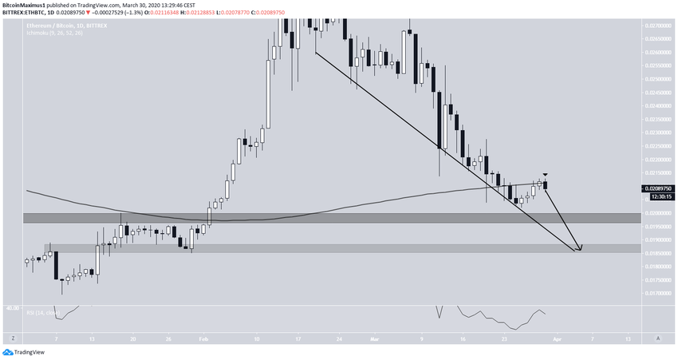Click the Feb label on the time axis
tap(203, 338)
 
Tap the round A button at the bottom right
tap(658, 338)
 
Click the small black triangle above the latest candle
tap(546, 175)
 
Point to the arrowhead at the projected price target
tap(579, 248)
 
